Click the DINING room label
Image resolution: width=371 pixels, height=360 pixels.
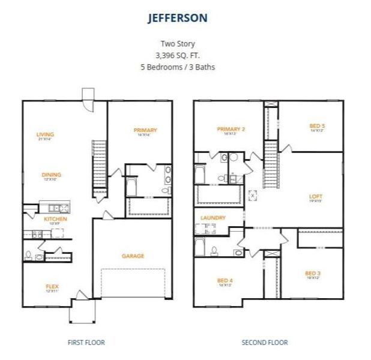pyautogui.click(x=51, y=175)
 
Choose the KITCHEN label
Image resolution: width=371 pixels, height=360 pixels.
pyautogui.click(x=55, y=219)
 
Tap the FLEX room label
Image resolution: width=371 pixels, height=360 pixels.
pyautogui.click(x=52, y=286)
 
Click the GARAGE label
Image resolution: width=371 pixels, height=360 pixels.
pyautogui.click(x=133, y=256)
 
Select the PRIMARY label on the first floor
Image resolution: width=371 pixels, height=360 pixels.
pyautogui.click(x=145, y=130)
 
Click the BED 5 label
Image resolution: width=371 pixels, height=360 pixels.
pyautogui.click(x=317, y=126)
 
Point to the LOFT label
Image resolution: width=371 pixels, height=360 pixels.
pyautogui.click(x=316, y=196)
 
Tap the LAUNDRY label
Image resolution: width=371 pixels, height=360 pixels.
pyautogui.click(x=213, y=218)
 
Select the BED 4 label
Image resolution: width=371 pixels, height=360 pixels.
pyautogui.click(x=225, y=281)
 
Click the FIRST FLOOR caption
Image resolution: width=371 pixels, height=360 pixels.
pyautogui.click(x=86, y=343)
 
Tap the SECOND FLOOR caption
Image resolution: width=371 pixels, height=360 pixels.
pyautogui.click(x=264, y=343)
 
